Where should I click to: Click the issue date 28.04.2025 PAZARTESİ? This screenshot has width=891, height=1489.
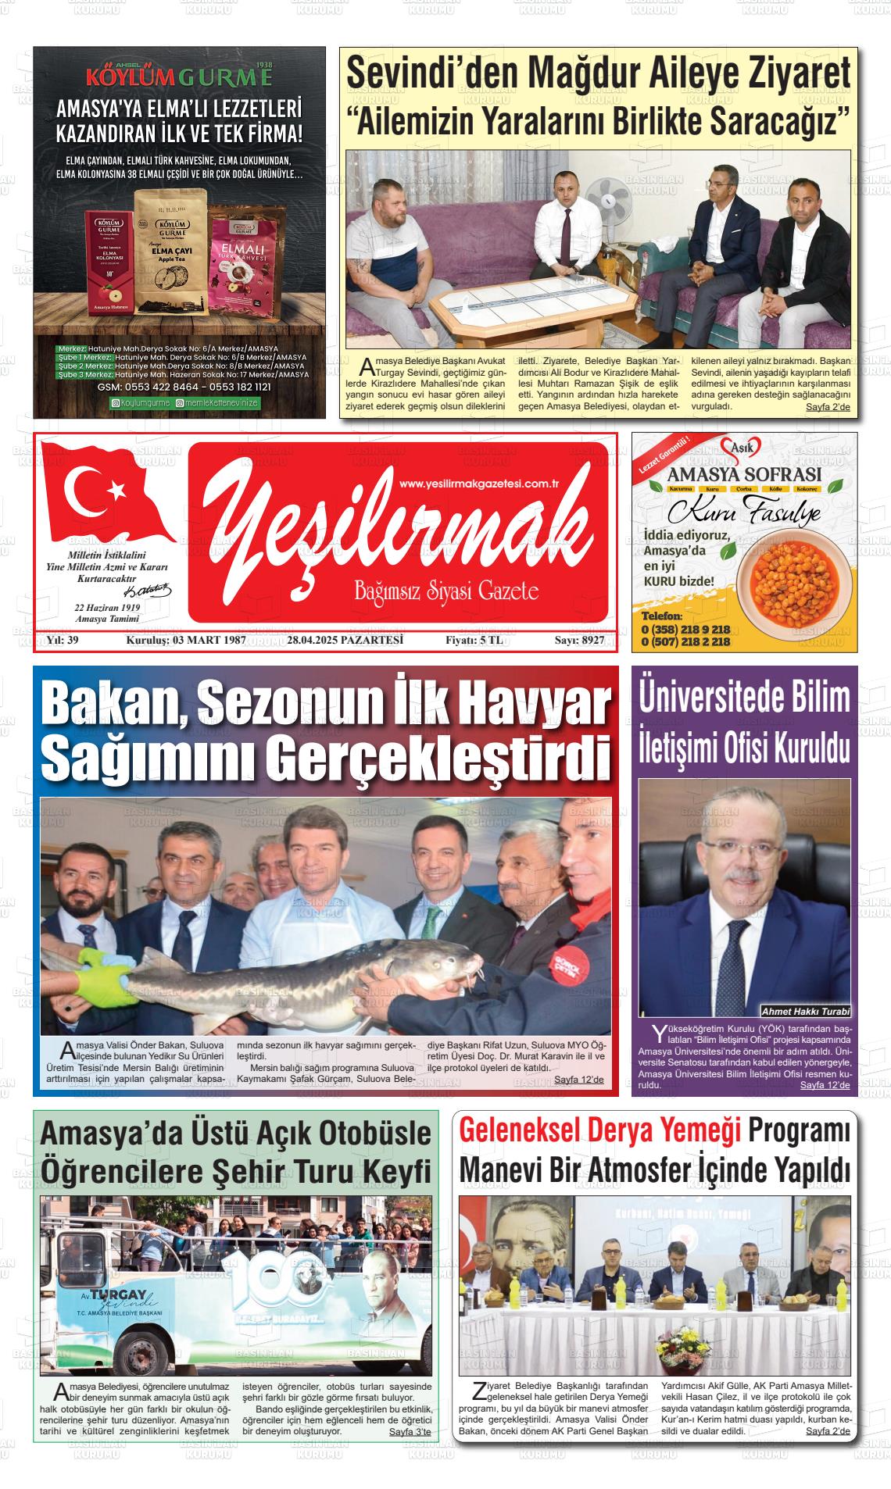345,641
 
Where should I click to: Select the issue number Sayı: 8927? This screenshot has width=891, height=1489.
579,641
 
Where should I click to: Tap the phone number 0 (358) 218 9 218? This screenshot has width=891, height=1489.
685,630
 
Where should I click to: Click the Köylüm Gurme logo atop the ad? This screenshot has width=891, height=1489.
179,77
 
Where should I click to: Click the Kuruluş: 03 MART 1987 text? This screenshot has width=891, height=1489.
186,641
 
